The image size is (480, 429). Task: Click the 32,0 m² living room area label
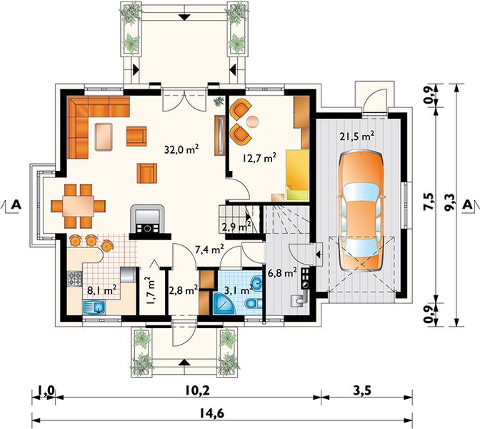click(x=182, y=149)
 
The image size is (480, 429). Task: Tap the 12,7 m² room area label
click(x=259, y=158)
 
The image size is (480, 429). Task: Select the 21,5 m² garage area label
click(x=357, y=136)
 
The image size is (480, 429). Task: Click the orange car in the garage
click(x=361, y=211)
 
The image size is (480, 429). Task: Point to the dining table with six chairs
click(x=79, y=206)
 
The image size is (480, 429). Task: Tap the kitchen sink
click(x=94, y=307)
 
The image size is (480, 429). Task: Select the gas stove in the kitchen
click(x=74, y=279)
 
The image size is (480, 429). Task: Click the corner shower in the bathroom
click(x=225, y=303)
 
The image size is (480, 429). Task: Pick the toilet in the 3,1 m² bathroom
click(x=253, y=304)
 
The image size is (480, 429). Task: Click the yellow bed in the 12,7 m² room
click(x=297, y=175)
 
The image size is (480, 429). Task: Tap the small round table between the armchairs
click(x=253, y=122)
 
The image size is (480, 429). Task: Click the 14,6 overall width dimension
click(x=211, y=413)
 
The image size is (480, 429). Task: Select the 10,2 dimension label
click(x=197, y=390)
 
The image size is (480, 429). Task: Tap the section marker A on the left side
click(x=16, y=204)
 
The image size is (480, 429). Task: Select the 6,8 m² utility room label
click(x=282, y=272)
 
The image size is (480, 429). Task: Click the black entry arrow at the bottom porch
click(x=184, y=363)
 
